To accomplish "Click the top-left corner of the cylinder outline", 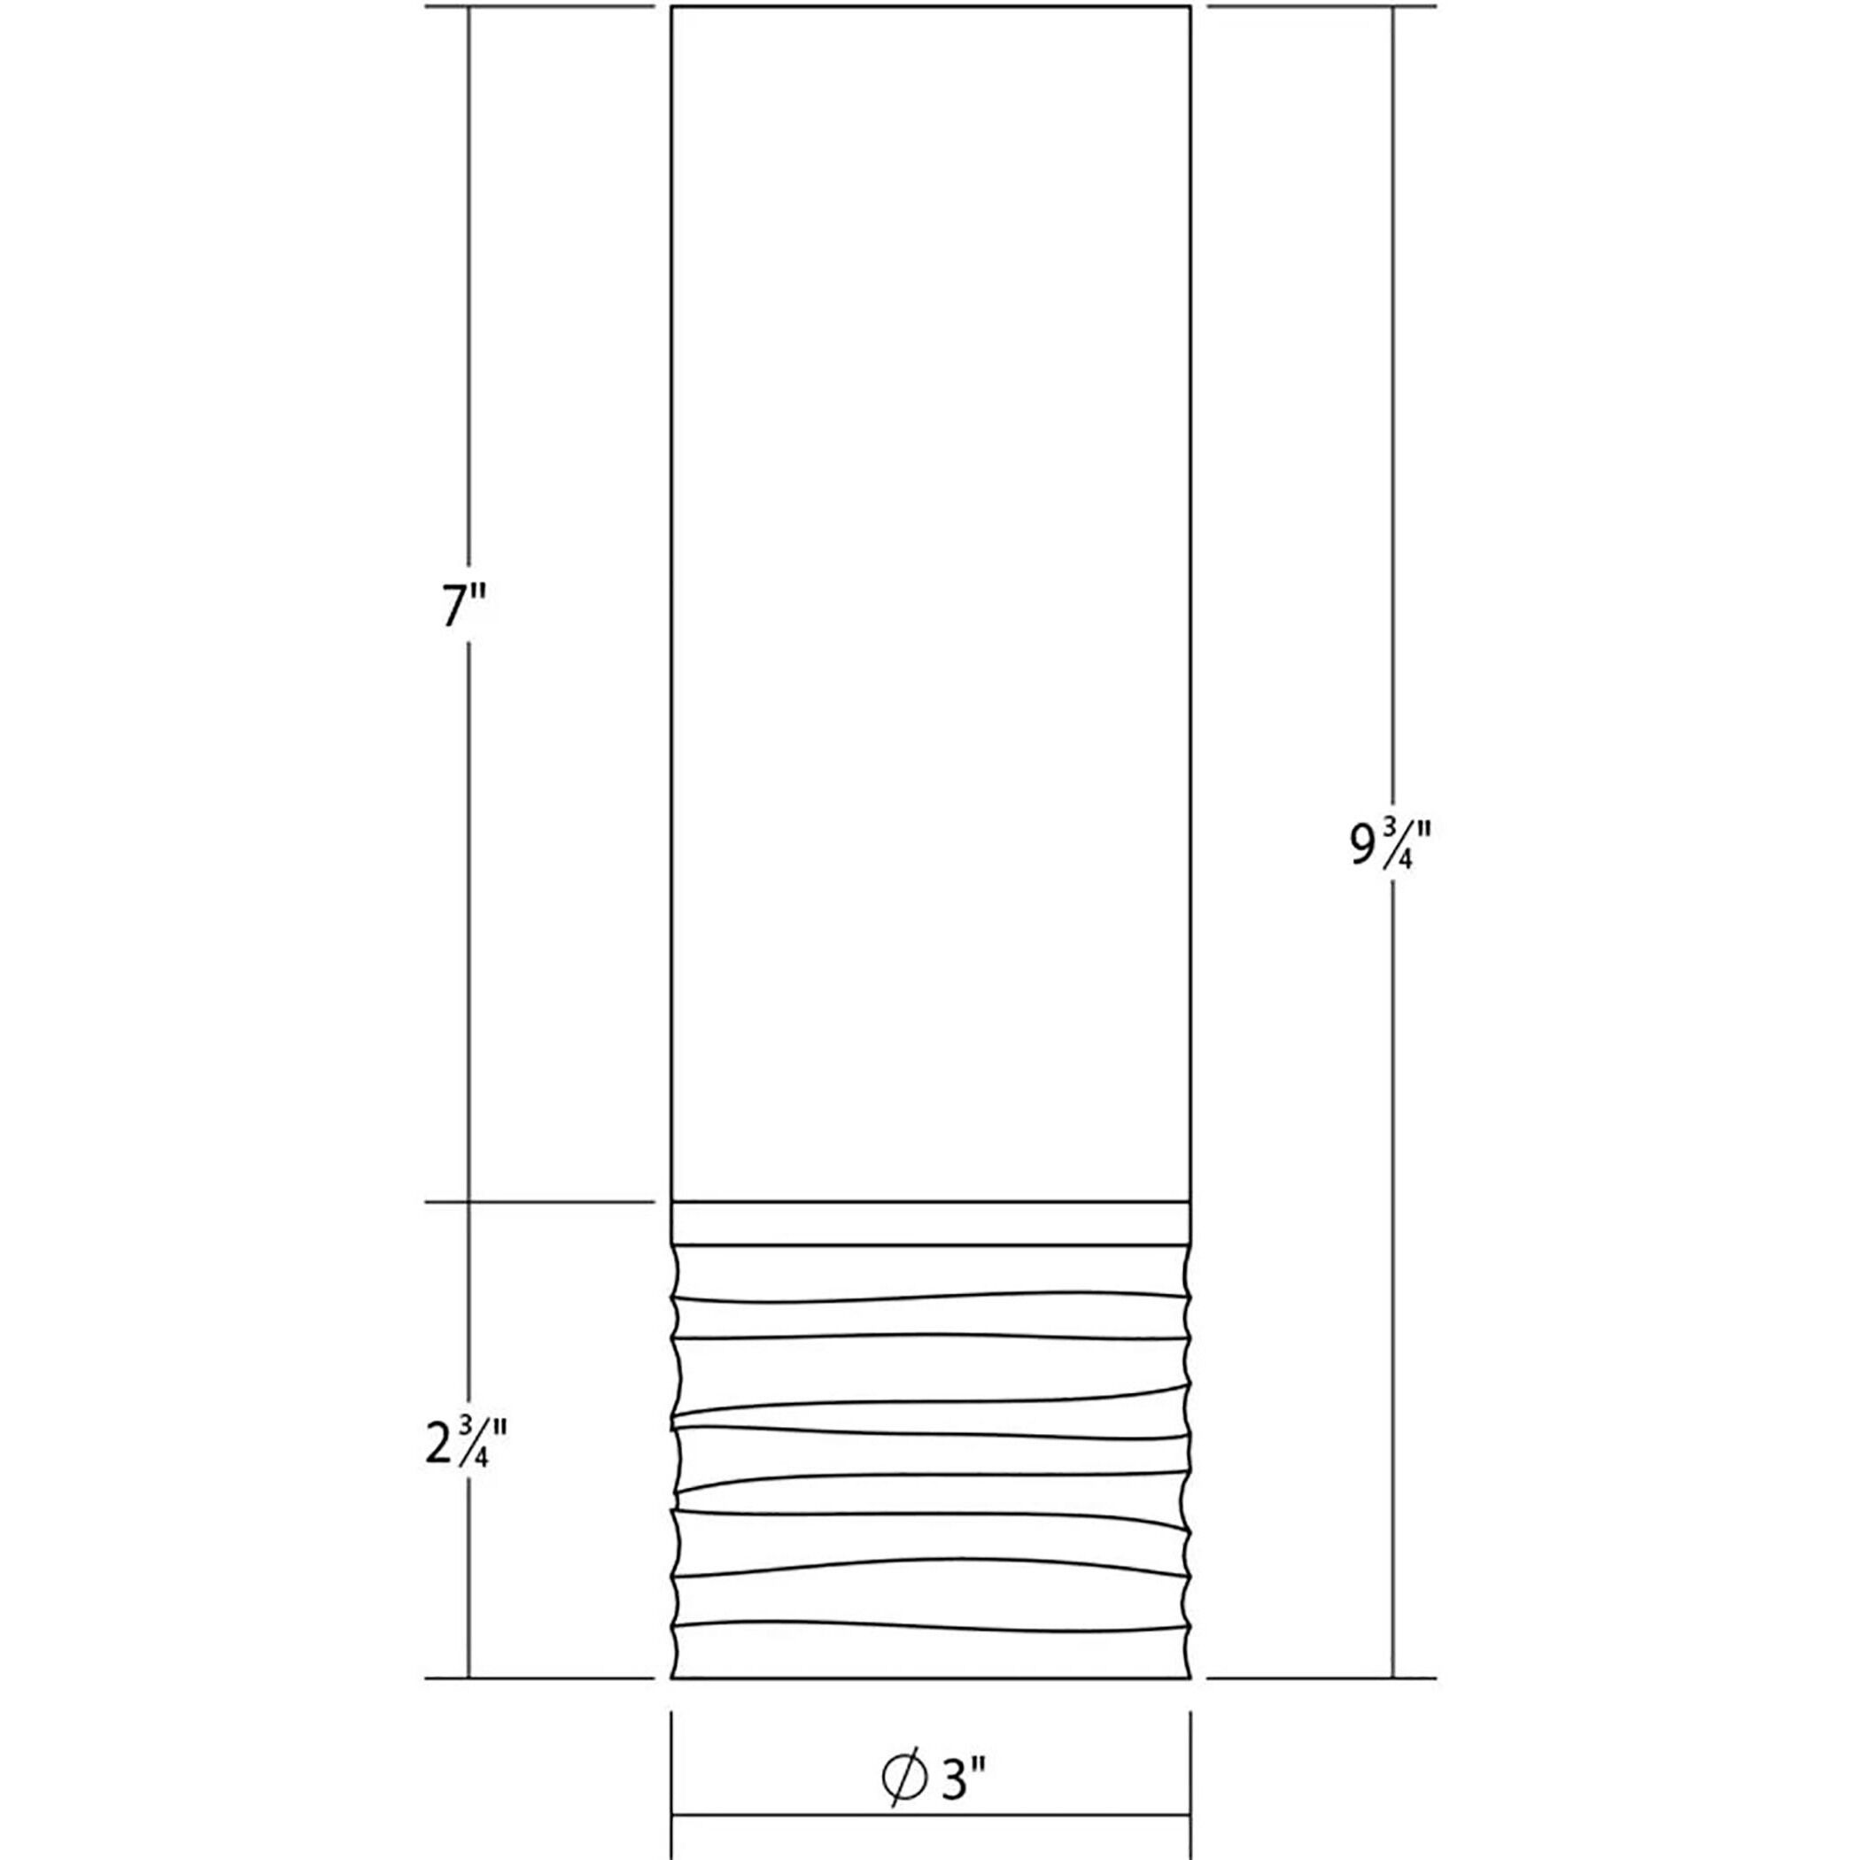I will click(671, 8).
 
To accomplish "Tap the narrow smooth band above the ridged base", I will click(931, 1224).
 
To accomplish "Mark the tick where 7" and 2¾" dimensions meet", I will click(469, 1203).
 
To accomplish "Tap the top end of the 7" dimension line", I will click(469, 8).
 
